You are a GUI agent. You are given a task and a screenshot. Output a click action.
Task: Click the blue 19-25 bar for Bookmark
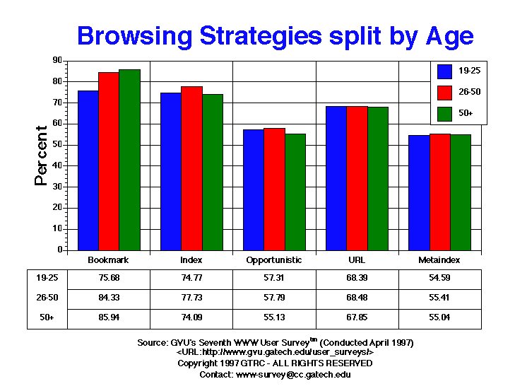click(88, 170)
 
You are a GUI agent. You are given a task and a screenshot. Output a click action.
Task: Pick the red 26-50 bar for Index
click(191, 168)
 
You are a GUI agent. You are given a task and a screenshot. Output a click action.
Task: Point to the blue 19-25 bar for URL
click(336, 178)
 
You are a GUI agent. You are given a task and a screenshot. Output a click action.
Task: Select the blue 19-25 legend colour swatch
click(445, 71)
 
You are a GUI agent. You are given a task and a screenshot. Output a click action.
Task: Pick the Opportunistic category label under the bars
click(274, 259)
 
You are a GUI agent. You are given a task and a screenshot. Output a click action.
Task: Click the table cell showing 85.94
click(109, 317)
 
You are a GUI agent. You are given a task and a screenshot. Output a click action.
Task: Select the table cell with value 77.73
click(191, 298)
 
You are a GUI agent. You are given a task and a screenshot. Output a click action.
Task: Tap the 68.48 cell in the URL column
click(357, 298)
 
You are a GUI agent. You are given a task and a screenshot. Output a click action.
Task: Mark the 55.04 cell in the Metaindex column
click(439, 317)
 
